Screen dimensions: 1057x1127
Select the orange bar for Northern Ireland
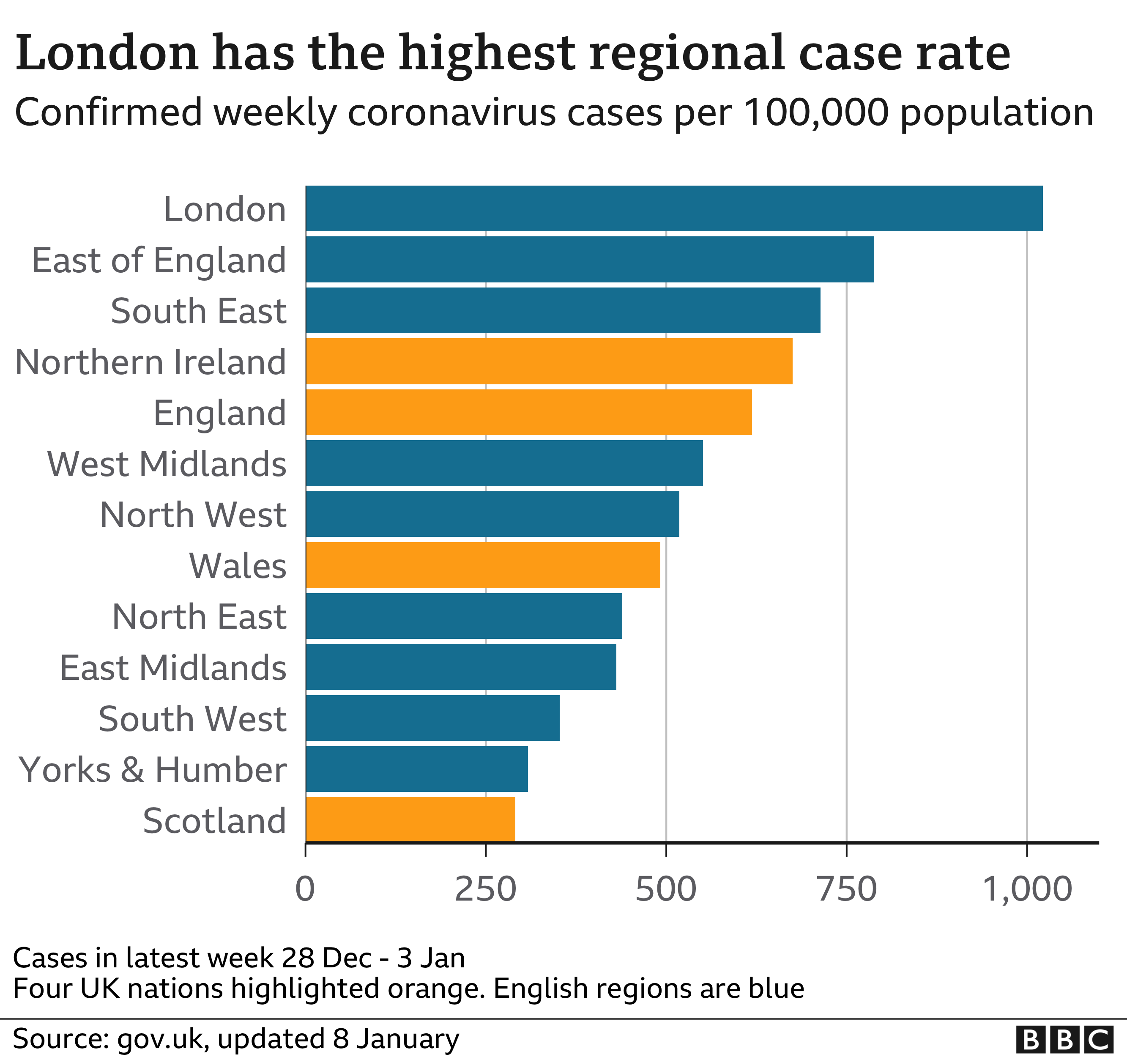coord(549,361)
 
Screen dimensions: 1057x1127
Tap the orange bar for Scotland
coord(410,819)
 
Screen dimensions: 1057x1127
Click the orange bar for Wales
coord(483,565)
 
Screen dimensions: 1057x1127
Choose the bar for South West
coord(432,717)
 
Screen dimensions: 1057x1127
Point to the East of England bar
coord(590,259)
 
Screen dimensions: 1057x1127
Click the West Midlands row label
coord(167,464)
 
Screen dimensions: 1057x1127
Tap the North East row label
coord(199,616)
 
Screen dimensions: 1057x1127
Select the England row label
coord(219,413)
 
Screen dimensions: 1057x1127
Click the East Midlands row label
coord(173,668)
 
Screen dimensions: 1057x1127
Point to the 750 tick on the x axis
coord(846,889)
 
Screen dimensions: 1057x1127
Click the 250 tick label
coord(486,889)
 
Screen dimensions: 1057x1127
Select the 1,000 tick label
coord(1027,889)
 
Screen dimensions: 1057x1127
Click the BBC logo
coord(1064,1039)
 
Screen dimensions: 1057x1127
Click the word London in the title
coord(107,53)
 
